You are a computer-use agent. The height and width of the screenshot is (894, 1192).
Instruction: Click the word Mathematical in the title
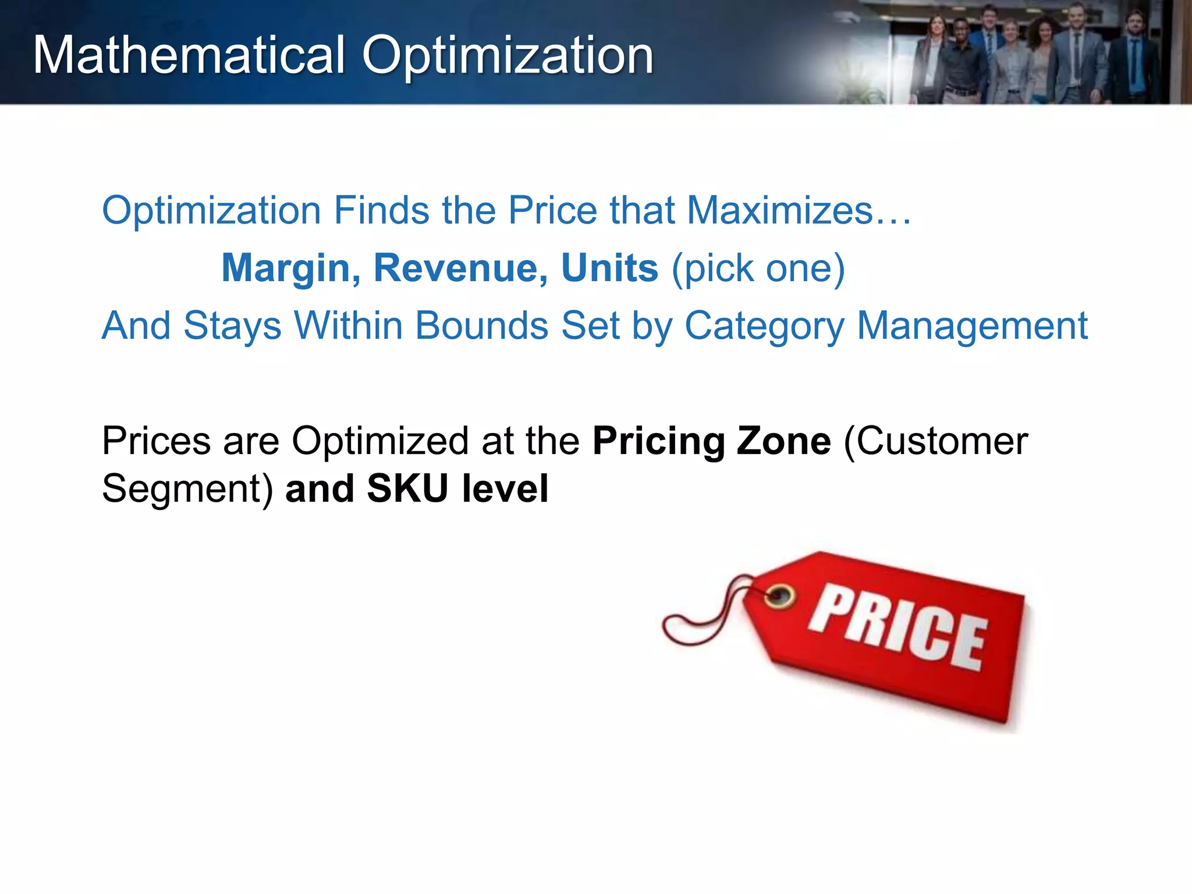189,55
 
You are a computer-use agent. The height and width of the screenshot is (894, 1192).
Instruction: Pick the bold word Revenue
460,268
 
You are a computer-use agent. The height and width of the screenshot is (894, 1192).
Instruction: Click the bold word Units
609,268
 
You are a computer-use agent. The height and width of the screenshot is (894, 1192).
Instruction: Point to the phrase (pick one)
758,269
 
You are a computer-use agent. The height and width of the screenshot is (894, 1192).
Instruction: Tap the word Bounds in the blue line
482,325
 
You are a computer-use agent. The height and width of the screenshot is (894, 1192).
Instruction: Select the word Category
764,327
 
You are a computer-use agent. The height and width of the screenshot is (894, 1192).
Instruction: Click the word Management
972,327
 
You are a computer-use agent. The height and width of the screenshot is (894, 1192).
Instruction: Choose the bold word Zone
783,441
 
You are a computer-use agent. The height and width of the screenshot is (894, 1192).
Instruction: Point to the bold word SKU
407,488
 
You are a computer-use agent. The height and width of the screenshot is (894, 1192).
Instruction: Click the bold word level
505,488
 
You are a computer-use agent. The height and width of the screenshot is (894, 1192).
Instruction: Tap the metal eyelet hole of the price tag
779,596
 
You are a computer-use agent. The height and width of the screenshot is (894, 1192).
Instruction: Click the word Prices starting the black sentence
156,441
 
